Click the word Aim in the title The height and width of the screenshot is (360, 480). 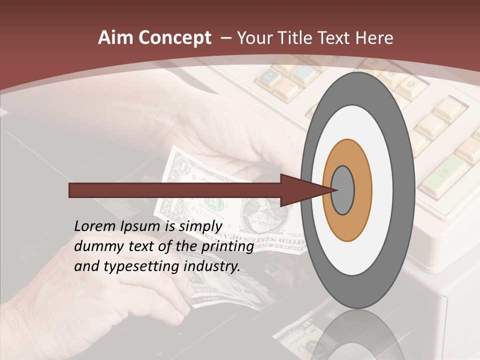[114, 38]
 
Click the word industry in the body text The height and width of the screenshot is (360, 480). [212, 266]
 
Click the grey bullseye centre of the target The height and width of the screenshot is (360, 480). [343, 190]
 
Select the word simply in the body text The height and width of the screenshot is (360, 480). [199, 226]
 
